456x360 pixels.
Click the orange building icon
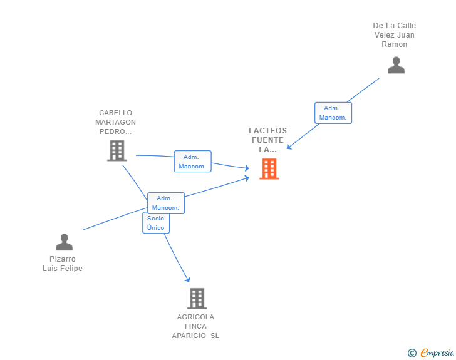pos(269,168)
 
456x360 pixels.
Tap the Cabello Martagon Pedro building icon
pos(117,151)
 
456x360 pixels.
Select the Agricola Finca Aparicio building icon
pos(197,299)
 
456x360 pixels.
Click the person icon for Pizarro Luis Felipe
pos(65,242)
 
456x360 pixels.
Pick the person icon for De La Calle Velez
pos(396,65)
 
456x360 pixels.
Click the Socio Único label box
pos(156,223)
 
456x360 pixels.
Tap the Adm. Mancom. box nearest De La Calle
pos(333,113)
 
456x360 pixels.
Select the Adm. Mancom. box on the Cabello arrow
pos(192,162)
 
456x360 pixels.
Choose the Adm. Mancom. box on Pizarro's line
pos(166,203)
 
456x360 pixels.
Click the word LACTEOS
pos(268,131)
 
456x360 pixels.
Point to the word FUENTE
pos(268,140)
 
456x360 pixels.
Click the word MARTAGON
pos(115,122)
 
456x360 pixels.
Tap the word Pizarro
pos(63,259)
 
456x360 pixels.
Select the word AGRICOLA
pos(195,317)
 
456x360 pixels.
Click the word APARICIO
pos(189,336)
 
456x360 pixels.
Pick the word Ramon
pos(395,44)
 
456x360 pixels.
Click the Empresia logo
pos(437,352)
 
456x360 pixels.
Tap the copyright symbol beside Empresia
pos(412,353)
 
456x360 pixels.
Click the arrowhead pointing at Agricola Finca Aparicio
pos(188,279)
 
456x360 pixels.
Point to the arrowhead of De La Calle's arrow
pos(289,147)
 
